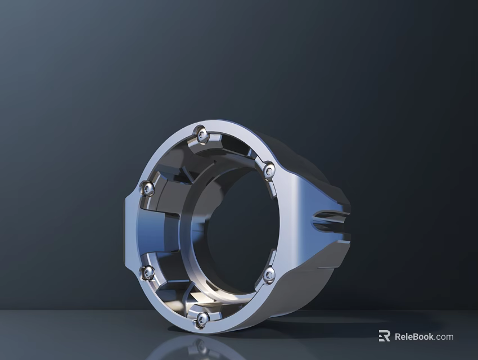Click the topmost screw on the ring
tap(201, 133)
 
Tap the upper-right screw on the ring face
tap(269, 168)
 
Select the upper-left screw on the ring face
tap(148, 189)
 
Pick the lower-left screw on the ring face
tap(148, 273)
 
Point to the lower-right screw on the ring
tap(269, 274)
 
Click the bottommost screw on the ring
tap(201, 319)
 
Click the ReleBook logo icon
tap(384, 336)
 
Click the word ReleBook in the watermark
tap(414, 337)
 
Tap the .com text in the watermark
tap(444, 337)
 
